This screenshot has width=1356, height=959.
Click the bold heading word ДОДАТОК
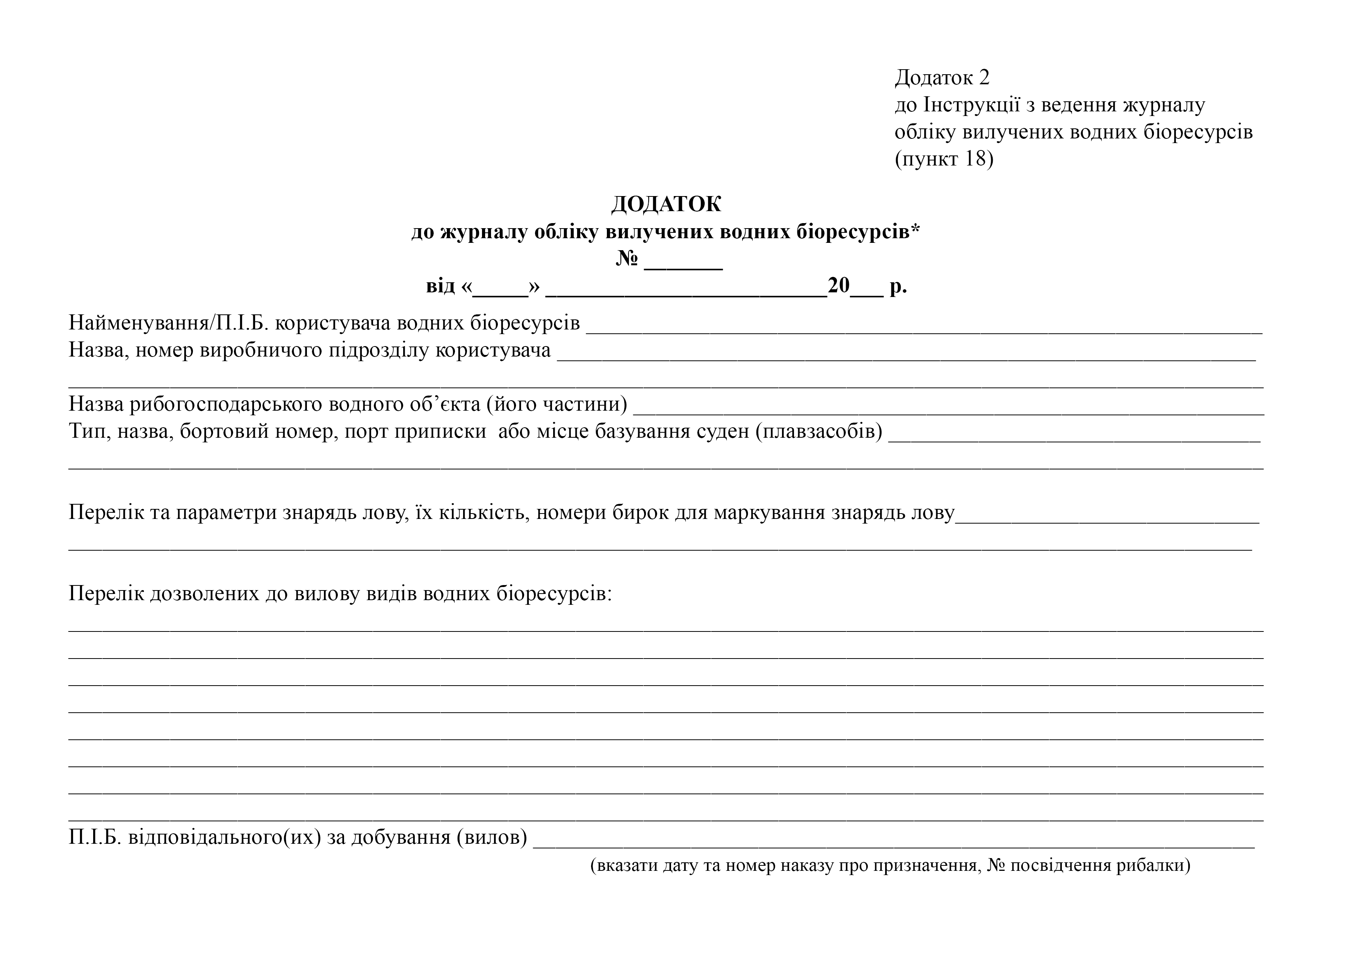click(x=666, y=205)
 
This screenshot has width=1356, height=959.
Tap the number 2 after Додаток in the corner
click(x=983, y=77)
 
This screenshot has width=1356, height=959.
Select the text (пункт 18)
click(x=944, y=159)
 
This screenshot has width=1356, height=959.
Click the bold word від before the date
click(x=441, y=287)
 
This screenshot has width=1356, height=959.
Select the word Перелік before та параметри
click(x=106, y=512)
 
